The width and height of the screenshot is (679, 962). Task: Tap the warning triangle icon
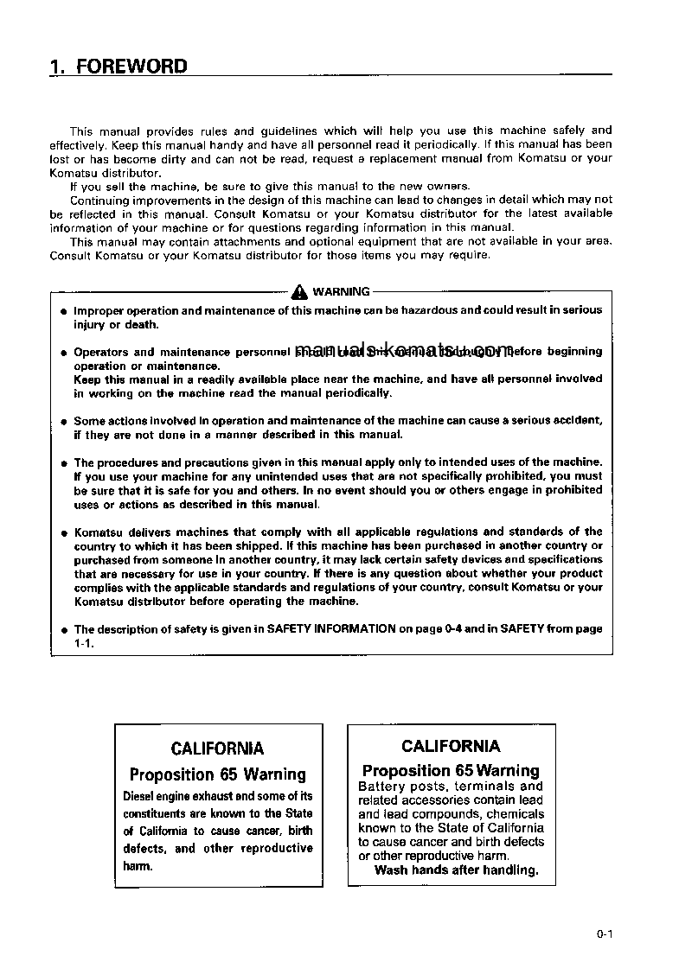[x=299, y=291]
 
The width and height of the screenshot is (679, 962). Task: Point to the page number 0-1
[x=604, y=933]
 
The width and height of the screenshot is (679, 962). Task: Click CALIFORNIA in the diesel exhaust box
[x=217, y=749]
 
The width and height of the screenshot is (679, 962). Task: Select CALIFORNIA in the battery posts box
[x=451, y=746]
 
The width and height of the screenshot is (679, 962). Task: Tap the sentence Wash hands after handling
[x=456, y=870]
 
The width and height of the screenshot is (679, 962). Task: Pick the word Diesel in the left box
[x=140, y=796]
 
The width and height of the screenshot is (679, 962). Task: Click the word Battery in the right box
[x=381, y=787]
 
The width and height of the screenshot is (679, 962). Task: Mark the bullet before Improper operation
[x=64, y=311]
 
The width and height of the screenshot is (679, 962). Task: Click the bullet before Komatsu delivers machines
[x=64, y=533]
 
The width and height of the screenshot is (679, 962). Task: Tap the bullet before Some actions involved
[x=64, y=422]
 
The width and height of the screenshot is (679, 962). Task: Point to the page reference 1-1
[x=83, y=644]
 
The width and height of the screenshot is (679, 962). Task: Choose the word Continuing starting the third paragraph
[x=99, y=200]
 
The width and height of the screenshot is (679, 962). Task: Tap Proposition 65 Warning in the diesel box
[x=217, y=774]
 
